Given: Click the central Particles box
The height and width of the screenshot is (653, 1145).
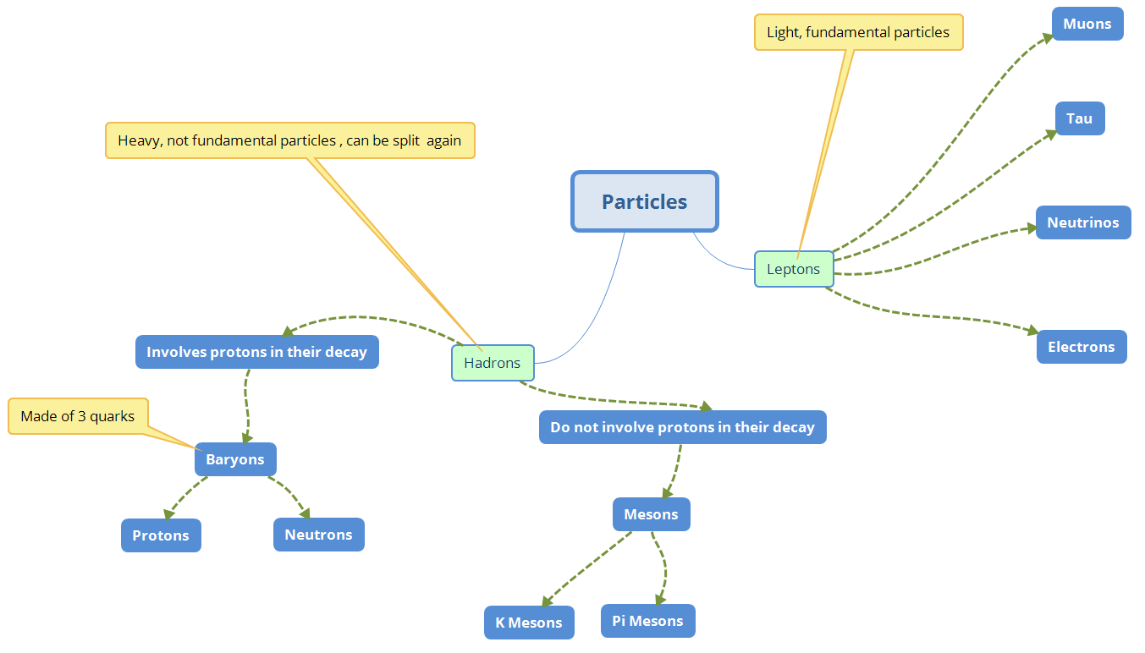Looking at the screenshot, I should click(x=644, y=201).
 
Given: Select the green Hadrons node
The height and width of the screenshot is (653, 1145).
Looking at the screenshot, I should click(x=493, y=363).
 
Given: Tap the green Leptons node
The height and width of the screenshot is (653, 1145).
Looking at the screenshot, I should click(x=793, y=269).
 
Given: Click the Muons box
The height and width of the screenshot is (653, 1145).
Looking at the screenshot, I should click(x=1087, y=24).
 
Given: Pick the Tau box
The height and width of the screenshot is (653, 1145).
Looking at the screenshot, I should click(x=1079, y=118).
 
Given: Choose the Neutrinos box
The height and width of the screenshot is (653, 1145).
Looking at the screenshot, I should click(x=1082, y=222).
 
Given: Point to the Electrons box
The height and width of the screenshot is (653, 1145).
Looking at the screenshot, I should click(x=1081, y=347).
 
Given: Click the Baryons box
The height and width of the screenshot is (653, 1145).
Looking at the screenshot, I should click(x=235, y=459).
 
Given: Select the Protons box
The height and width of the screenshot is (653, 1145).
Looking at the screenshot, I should click(x=161, y=535).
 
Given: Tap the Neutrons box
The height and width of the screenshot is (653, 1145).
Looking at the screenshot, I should click(x=318, y=535).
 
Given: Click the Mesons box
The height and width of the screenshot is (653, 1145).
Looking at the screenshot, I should click(x=651, y=514).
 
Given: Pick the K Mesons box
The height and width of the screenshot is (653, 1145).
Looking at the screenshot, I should click(x=529, y=623).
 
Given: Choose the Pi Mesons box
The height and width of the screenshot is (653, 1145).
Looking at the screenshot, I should click(x=647, y=621).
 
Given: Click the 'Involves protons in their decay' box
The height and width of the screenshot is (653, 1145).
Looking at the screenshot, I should click(x=256, y=352).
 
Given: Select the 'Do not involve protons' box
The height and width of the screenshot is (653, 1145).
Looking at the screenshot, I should click(x=682, y=427).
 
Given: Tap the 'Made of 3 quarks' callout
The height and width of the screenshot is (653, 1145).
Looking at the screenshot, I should click(x=78, y=416).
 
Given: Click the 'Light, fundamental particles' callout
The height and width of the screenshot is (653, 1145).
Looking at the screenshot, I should click(x=858, y=32).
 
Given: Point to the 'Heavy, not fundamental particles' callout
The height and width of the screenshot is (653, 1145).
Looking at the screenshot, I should click(x=289, y=140).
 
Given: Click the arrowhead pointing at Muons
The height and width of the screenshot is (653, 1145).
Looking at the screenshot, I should click(x=1046, y=37).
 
